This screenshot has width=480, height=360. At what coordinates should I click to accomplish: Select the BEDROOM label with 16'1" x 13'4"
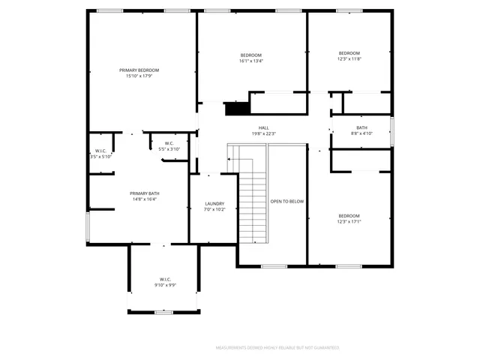coord(251,55)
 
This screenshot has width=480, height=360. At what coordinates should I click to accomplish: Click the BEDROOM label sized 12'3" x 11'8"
coord(349,53)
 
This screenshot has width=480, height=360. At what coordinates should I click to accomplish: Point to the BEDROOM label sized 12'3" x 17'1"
coord(349,216)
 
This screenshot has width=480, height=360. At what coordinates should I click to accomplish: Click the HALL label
coord(264,127)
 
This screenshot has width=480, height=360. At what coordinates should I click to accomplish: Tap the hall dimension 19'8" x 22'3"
coord(264,133)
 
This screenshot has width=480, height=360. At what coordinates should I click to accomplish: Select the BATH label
coord(361,127)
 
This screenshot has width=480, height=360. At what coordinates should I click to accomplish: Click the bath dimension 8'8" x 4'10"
coord(361,133)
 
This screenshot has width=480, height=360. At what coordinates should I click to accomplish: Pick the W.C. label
coord(169,143)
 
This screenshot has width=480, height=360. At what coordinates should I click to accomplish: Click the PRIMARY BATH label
coord(144,193)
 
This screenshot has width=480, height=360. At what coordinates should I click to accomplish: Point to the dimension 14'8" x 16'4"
coord(144,199)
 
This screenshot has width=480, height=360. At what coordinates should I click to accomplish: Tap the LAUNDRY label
coord(215,204)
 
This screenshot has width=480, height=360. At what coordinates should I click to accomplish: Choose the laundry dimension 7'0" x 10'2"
coord(215,210)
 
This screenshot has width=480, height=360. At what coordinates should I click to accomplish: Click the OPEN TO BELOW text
coord(287,201)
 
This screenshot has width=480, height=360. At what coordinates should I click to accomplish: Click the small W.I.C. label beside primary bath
coord(100,151)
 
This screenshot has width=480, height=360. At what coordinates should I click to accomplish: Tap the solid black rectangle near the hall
coord(236,109)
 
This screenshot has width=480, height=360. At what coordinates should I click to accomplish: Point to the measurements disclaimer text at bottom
coord(277,348)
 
